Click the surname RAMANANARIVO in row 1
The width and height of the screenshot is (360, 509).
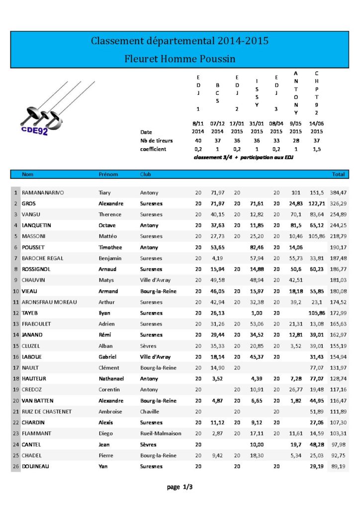pyautogui.click(x=43, y=192)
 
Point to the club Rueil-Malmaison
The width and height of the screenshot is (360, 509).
pyautogui.click(x=161, y=433)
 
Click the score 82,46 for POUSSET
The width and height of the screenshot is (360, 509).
pyautogui.click(x=256, y=247)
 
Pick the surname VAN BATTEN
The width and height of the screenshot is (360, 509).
pyautogui.click(x=37, y=401)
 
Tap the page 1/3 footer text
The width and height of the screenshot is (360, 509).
pyautogui.click(x=180, y=487)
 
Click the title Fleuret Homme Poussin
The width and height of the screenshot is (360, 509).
pyautogui.click(x=180, y=59)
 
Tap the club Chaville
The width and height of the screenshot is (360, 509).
pyautogui.click(x=150, y=412)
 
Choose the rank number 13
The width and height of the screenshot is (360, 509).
pyautogui.click(x=16, y=324)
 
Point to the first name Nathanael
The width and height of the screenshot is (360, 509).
pyautogui.click(x=113, y=379)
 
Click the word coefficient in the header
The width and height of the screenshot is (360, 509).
pyautogui.click(x=153, y=149)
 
